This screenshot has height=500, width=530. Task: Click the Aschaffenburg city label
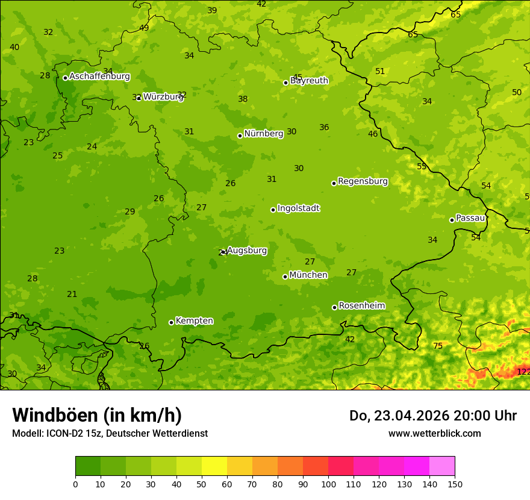99,77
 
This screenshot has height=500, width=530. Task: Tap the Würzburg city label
163,96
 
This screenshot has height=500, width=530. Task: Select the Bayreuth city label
309,81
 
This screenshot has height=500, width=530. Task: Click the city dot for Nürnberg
240,136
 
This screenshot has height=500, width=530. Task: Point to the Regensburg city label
363,181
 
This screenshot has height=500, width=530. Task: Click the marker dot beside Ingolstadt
273,210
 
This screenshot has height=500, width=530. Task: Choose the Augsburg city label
247,251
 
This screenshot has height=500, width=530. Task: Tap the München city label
308,275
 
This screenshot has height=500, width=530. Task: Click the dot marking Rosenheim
334,307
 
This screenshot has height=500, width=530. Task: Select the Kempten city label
194,321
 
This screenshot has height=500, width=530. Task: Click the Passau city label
470,218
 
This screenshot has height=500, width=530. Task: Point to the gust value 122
523,372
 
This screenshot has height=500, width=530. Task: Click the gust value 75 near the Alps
438,346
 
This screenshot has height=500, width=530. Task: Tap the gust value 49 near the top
144,28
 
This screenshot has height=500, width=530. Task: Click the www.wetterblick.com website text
434,433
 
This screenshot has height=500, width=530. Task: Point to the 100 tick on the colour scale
328,484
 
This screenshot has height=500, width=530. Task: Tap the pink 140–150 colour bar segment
442,466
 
